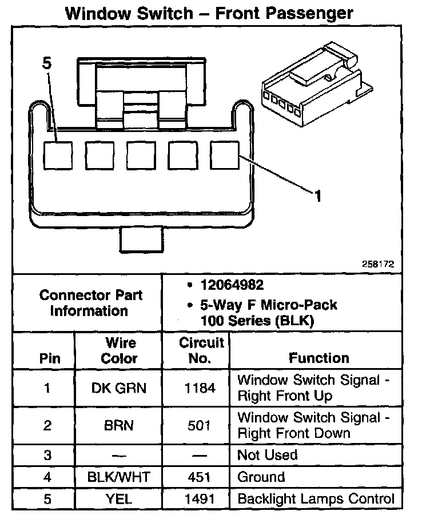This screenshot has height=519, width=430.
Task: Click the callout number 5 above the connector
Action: pos(46,64)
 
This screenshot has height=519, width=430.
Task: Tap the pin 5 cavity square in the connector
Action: pos(59,155)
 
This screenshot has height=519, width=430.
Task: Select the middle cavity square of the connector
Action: pos(142,155)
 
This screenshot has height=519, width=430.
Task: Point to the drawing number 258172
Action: pos(377,264)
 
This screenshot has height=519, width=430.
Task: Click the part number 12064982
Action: pos(232,285)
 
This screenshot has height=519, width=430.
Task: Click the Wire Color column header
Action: pos(119,350)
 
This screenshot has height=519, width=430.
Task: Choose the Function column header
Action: pos(318,358)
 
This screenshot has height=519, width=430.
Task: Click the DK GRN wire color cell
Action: pos(119,389)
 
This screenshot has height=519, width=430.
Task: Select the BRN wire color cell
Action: pos(119,425)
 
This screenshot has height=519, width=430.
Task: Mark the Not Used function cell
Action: pos(268,455)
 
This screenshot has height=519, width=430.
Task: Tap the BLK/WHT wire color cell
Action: pos(119,477)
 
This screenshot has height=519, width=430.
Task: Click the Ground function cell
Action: pos(261,477)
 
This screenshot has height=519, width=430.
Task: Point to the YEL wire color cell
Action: pos(119,498)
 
